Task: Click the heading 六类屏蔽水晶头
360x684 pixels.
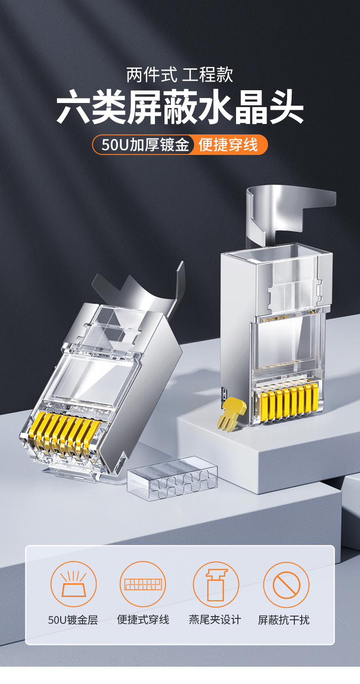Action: [180, 107]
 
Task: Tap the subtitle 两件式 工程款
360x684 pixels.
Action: [180, 75]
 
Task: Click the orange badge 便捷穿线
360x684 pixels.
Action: [228, 144]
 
